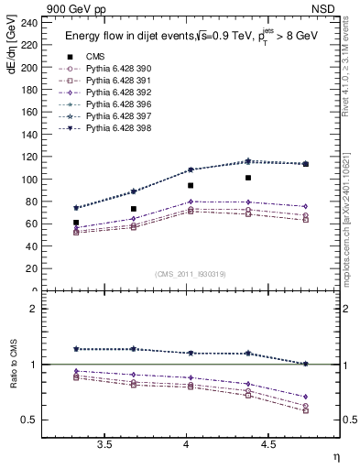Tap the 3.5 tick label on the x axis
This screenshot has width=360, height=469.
point(105,444)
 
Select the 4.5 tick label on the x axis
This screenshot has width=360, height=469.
point(268,444)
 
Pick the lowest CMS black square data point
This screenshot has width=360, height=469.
point(76,223)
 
